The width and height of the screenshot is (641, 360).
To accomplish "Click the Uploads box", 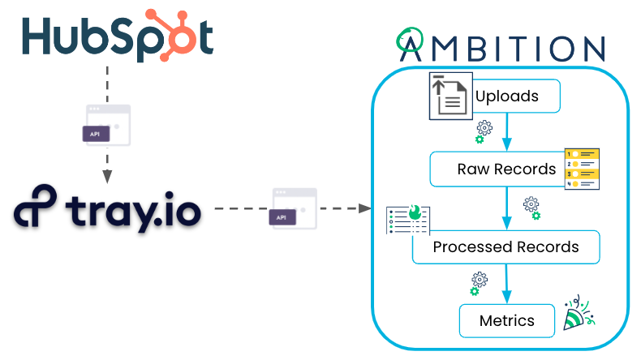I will point(507,96).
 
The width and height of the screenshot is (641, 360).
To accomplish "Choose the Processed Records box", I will point(505,246).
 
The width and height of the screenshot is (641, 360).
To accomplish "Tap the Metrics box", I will point(507,320).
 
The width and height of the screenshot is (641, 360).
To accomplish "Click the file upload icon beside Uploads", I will point(450,96).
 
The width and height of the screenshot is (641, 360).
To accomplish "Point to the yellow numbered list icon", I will point(581,169).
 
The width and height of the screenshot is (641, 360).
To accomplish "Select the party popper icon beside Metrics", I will point(579,315).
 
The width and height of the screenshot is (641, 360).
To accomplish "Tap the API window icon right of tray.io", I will point(294,209).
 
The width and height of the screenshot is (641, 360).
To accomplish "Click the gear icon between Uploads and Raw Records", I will point(484,131).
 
